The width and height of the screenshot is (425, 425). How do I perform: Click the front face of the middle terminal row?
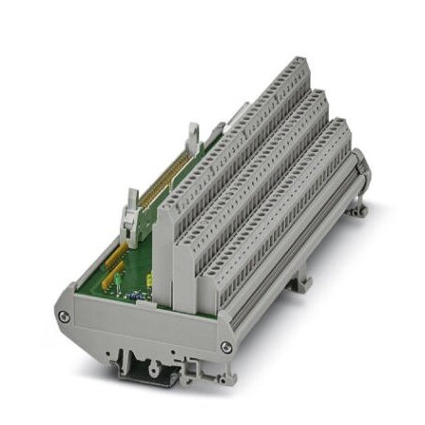(x=189, y=283)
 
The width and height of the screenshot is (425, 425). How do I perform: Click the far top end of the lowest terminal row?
(x=342, y=128)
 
